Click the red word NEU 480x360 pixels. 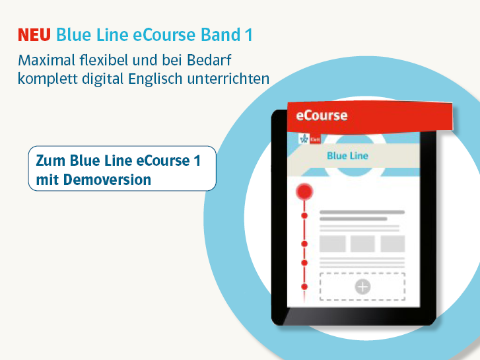pyautogui.click(x=34, y=34)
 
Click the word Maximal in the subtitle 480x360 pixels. pyautogui.click(x=46, y=60)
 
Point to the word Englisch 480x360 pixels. pyautogui.click(x=155, y=79)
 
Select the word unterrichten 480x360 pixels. pyautogui.click(x=228, y=79)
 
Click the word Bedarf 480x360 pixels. pyautogui.click(x=209, y=60)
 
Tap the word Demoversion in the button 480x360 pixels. pyautogui.click(x=107, y=180)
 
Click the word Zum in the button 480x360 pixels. pyautogui.click(x=50, y=161)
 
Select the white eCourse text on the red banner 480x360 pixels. pyautogui.click(x=322, y=116)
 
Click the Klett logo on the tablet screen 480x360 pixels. pyautogui.click(x=310, y=139)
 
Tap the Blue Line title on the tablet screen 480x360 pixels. pyautogui.click(x=347, y=156)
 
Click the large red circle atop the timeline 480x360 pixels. pyautogui.click(x=304, y=192)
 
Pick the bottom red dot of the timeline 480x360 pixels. pyautogui.click(x=304, y=287)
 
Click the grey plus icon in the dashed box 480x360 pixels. pyautogui.click(x=362, y=287)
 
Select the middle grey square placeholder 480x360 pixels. pyautogui.click(x=362, y=244)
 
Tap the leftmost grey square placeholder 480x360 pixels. pyautogui.click(x=333, y=244)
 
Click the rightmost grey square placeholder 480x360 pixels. pyautogui.click(x=393, y=244)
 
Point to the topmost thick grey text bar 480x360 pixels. pyautogui.click(x=362, y=212)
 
